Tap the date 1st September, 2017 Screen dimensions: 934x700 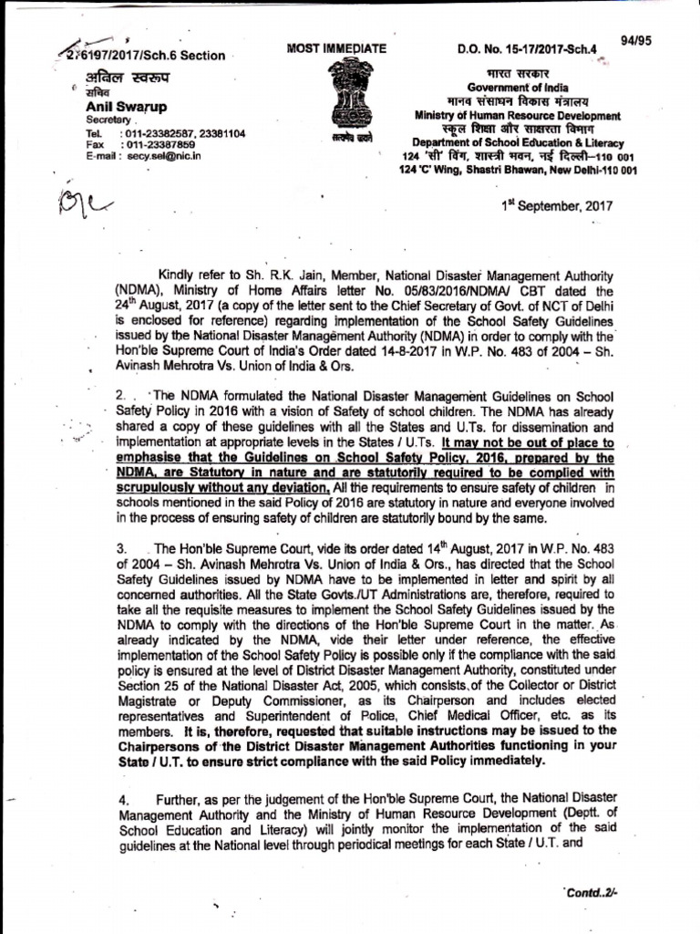[x=558, y=205]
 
